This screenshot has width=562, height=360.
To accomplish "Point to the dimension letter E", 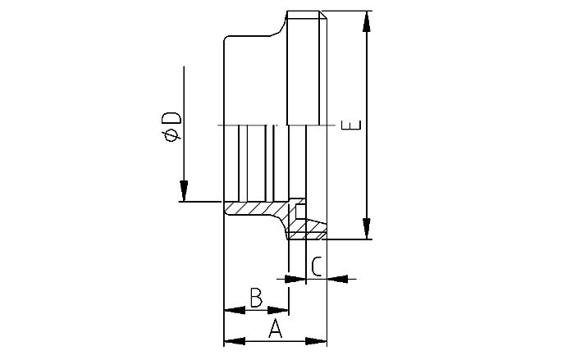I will click(x=353, y=125).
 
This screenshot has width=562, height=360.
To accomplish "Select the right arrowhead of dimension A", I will click(x=321, y=340).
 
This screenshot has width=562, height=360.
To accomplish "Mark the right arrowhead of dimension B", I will click(x=282, y=310).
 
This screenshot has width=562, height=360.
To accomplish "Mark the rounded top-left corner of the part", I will click(x=231, y=39).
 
